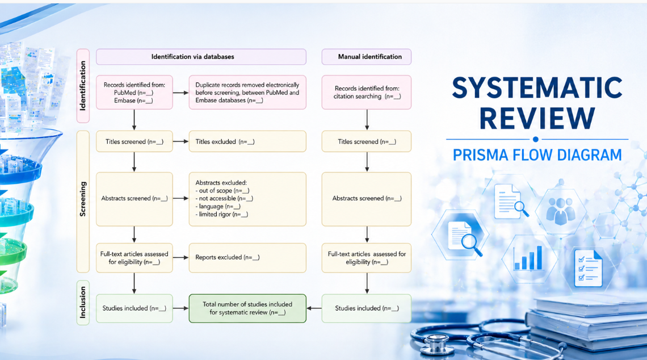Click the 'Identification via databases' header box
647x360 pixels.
tap(201, 57)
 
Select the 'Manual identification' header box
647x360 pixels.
tap(366, 57)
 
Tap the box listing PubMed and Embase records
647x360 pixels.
tap(135, 92)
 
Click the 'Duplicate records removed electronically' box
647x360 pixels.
tap(247, 92)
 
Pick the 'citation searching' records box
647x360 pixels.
tap(366, 92)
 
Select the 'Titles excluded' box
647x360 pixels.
tap(247, 141)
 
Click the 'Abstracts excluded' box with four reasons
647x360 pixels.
tap(247, 199)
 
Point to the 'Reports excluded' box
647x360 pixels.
tap(247, 257)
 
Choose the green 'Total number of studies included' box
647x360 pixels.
tap(247, 308)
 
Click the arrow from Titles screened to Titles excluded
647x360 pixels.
tap(180, 141)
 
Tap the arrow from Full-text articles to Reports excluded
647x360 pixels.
tap(180, 257)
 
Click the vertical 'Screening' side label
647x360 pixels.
tap(83, 199)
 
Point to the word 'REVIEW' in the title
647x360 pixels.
tap(537, 118)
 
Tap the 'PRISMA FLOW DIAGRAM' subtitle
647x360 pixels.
tap(537, 154)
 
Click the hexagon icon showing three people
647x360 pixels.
tap(560, 209)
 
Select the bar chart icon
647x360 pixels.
tap(528, 257)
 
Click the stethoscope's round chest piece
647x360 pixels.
tap(436, 344)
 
